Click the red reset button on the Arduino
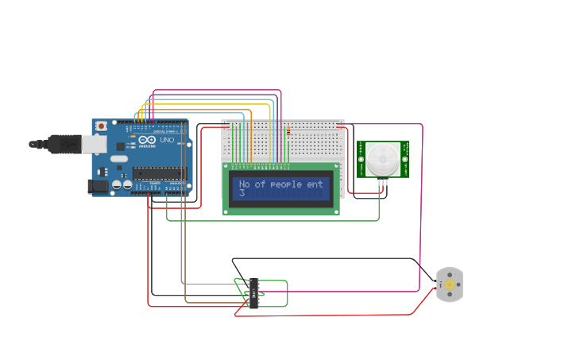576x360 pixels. (101, 126)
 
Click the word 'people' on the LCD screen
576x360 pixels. (286, 184)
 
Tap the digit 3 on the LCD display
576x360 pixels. (242, 192)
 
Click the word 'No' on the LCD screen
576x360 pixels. (245, 184)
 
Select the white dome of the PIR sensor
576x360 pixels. (382, 159)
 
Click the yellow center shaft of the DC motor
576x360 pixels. (449, 285)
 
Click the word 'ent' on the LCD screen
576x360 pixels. (315, 184)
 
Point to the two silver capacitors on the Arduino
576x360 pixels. (122, 184)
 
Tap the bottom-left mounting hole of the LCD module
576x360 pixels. (228, 210)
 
